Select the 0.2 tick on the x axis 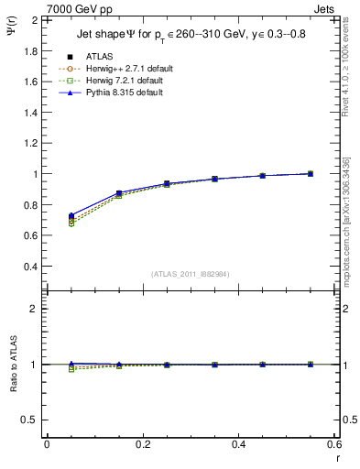(142, 444)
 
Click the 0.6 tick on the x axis (334, 444)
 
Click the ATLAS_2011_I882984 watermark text (191, 274)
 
